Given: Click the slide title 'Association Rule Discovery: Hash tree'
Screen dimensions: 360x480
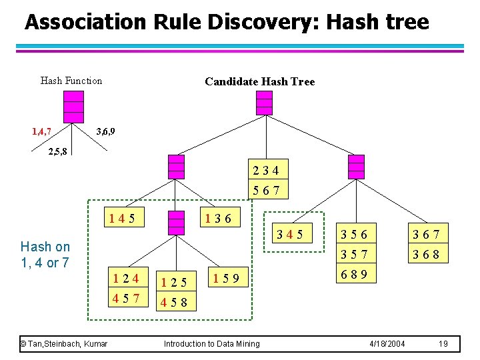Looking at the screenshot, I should [227, 23].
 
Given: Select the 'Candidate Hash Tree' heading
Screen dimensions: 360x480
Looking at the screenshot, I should [259, 81].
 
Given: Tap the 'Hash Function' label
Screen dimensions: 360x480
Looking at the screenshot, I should [71, 81].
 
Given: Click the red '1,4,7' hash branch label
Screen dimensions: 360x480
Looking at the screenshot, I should [41, 131].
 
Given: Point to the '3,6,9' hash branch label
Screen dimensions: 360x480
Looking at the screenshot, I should [105, 131].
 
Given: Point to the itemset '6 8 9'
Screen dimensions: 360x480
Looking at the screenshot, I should [354, 273].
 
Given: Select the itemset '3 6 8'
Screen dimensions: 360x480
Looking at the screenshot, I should [430, 255].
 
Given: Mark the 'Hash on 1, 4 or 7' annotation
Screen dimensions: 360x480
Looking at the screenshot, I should [45, 255].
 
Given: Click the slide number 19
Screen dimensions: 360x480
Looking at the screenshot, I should [443, 343].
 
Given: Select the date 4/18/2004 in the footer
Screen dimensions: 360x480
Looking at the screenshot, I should [387, 343].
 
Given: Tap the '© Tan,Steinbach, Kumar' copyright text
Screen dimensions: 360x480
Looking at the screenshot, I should [63, 343].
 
